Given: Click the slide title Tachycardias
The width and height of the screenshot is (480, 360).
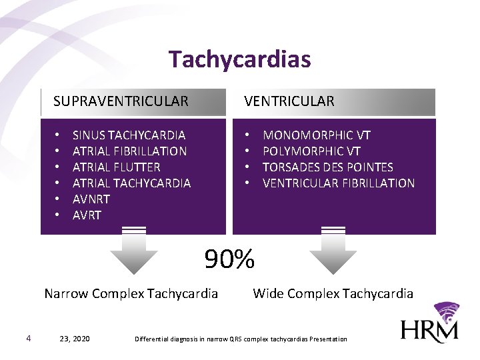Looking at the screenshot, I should tap(239, 59).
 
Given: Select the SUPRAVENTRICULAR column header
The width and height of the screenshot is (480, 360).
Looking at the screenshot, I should tap(121, 101).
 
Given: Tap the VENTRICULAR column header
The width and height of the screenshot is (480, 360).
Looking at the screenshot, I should tap(289, 101).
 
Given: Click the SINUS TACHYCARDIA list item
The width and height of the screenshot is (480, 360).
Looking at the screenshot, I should tap(129, 135).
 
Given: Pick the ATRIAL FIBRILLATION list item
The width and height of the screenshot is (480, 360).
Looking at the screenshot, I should tap(129, 151).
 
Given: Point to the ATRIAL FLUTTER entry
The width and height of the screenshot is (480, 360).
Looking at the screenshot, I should tap(116, 167).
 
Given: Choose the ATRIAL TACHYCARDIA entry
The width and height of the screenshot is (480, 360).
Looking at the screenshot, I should tap(131, 183).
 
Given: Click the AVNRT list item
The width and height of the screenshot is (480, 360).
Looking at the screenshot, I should tap(91, 199).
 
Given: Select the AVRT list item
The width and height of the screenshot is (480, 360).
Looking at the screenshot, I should tap(87, 215).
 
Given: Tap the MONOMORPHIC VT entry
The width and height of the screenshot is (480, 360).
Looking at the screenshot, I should tap(317, 135).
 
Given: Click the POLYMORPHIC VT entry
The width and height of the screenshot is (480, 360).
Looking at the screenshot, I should tap(311, 151).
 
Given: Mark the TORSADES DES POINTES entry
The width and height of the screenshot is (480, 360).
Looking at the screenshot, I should tap(328, 167).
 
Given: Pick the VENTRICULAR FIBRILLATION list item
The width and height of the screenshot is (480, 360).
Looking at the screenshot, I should tap(339, 183).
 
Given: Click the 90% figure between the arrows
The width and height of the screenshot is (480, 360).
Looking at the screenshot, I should tap(229, 259).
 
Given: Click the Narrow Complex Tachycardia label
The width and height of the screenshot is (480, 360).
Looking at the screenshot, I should tap(131, 293).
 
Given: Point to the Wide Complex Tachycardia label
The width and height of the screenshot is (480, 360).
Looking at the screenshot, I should tap(333, 293).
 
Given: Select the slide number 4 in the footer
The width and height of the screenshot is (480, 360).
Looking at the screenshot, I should tap(28, 338).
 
